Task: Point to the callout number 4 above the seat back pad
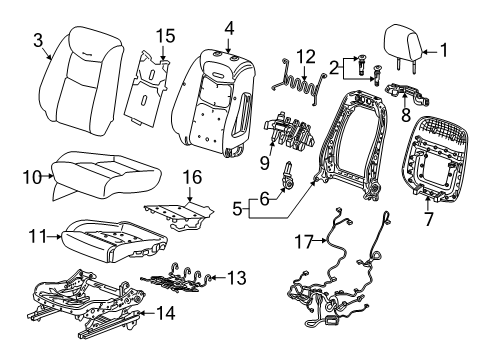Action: click(229, 26)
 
